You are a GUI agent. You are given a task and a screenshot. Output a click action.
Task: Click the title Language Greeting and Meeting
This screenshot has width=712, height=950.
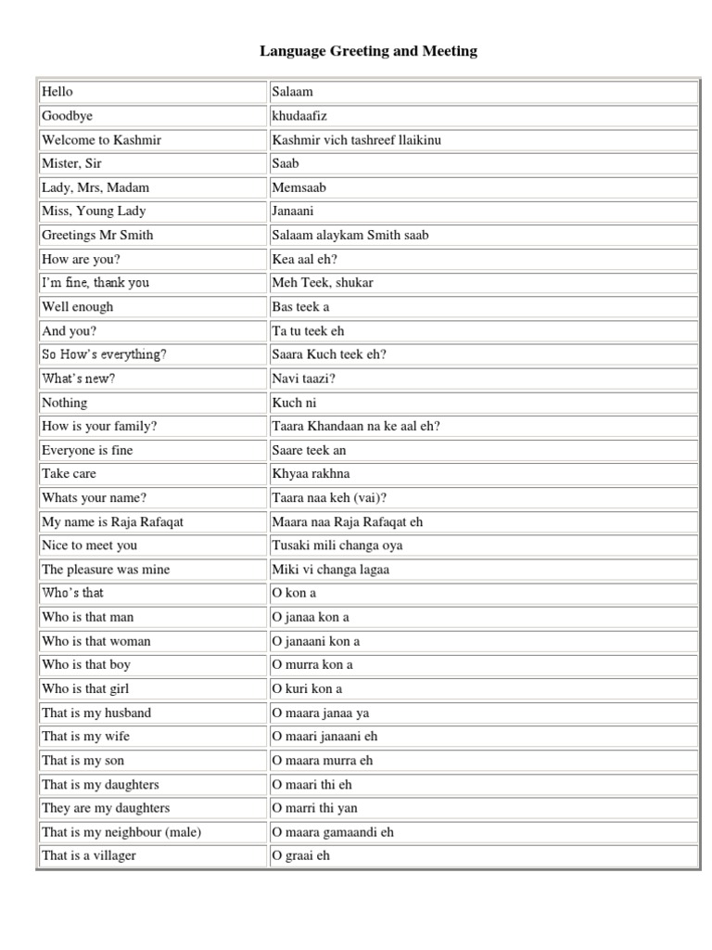pos(368,51)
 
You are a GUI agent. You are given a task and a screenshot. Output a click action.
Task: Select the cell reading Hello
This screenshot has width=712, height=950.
pos(57,92)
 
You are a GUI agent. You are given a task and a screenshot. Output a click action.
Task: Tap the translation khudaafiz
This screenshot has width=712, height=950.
pos(299,116)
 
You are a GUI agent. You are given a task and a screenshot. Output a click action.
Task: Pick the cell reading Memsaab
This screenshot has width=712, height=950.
pos(299,187)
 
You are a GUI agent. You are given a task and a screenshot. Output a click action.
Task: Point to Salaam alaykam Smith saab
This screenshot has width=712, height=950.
pos(350,235)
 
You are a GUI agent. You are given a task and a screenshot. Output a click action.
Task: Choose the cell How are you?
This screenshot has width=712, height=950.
pos(81,259)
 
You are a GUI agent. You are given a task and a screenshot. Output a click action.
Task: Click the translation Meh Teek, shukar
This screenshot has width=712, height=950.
pos(323,283)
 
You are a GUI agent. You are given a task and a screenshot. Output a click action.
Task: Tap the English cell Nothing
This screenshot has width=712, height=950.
pos(65,403)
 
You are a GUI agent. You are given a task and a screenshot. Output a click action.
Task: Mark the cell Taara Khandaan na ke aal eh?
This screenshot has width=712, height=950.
pos(356,426)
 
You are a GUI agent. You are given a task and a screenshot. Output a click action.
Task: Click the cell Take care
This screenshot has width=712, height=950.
pos(69,473)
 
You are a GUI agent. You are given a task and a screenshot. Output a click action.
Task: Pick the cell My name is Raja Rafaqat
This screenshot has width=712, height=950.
pos(112,521)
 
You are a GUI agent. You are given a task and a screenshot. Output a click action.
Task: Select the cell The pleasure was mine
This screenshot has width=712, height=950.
pos(106,570)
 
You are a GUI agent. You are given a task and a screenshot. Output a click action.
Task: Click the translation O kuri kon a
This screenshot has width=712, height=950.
pos(307,688)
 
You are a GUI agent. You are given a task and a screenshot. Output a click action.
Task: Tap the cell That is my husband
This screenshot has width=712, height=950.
pos(96,712)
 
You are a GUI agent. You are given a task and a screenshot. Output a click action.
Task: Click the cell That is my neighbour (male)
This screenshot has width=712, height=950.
pos(121,832)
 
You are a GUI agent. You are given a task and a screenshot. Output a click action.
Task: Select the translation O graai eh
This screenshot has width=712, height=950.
pos(300,855)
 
